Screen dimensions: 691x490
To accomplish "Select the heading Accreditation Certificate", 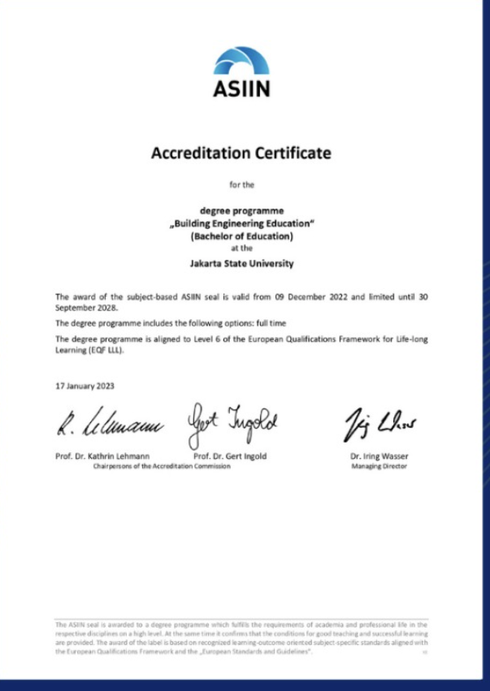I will click(241, 153).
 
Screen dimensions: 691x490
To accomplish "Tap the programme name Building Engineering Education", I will click(241, 223).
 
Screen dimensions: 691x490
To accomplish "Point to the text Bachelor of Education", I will click(241, 236).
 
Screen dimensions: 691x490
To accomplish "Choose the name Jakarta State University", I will click(241, 264).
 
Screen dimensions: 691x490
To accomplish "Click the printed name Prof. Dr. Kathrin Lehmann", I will click(102, 456).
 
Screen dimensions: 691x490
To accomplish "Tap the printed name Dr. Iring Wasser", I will click(379, 456).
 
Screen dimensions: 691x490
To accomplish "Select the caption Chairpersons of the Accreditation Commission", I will click(162, 466).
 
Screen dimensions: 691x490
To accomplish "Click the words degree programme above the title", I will click(241, 210).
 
